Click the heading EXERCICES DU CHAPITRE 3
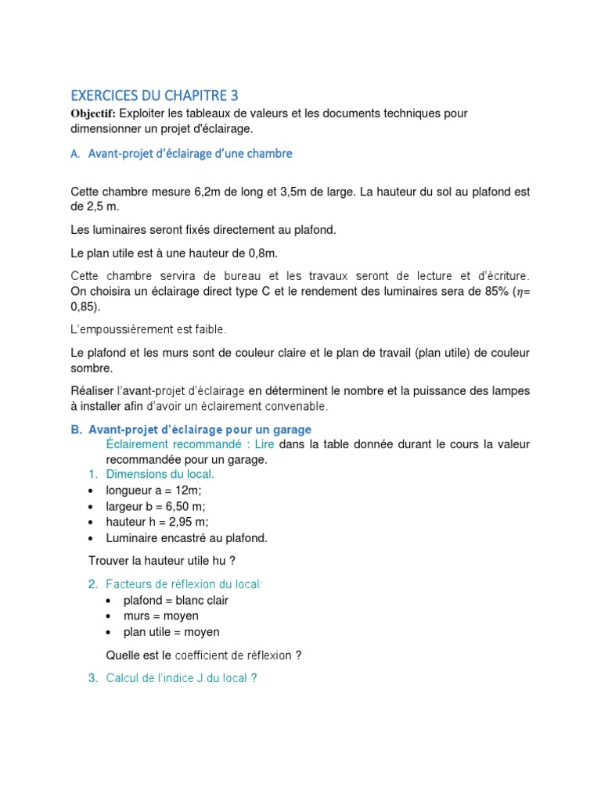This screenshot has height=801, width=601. [x=154, y=96]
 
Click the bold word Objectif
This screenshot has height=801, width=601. [x=92, y=113]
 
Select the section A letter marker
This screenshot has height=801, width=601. [x=75, y=154]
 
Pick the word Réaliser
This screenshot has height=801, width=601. [x=92, y=390]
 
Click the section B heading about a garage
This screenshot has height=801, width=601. [x=200, y=429]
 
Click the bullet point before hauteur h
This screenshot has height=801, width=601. [x=91, y=523]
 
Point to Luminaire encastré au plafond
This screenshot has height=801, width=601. [x=187, y=537]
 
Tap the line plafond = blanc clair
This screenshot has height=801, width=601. [x=175, y=601]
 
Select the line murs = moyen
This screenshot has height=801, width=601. [x=160, y=616]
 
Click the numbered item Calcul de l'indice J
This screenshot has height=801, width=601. [x=182, y=678]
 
